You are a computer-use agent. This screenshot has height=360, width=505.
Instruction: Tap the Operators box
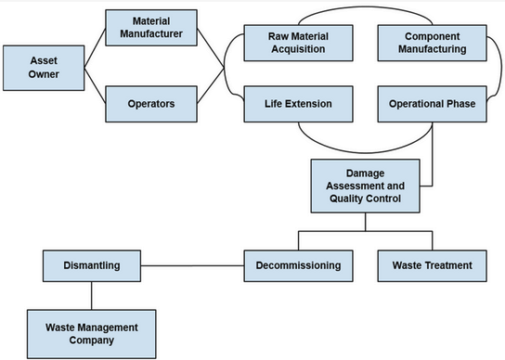(150, 104)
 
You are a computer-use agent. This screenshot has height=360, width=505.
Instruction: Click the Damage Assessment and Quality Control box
(363, 185)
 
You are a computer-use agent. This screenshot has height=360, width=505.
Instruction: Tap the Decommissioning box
(298, 265)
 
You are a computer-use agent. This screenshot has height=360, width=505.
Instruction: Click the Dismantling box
(92, 265)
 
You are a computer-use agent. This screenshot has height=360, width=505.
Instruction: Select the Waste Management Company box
(92, 333)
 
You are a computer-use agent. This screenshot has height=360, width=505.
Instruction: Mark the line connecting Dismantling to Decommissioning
(192, 266)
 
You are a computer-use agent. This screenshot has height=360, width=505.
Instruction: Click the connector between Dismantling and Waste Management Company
(92, 295)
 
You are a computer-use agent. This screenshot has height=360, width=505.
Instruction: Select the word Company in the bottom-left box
(92, 341)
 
